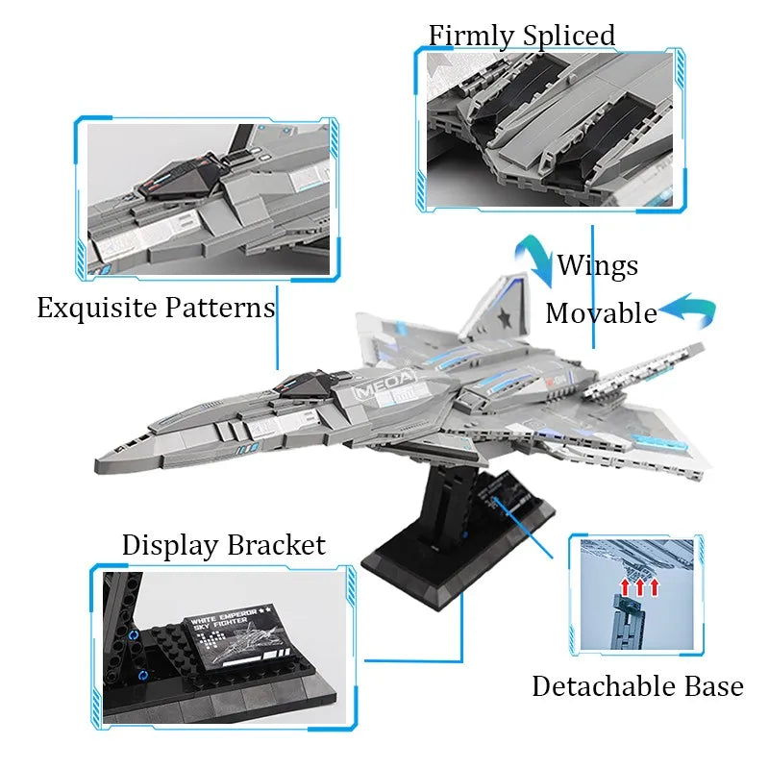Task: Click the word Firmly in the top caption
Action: pyautogui.click(x=472, y=36)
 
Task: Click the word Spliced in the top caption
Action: pyautogui.click(x=569, y=36)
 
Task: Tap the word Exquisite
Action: pyautogui.click(x=97, y=309)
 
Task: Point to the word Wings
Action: pyautogui.click(x=598, y=265)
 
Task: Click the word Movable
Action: pyautogui.click(x=601, y=313)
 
